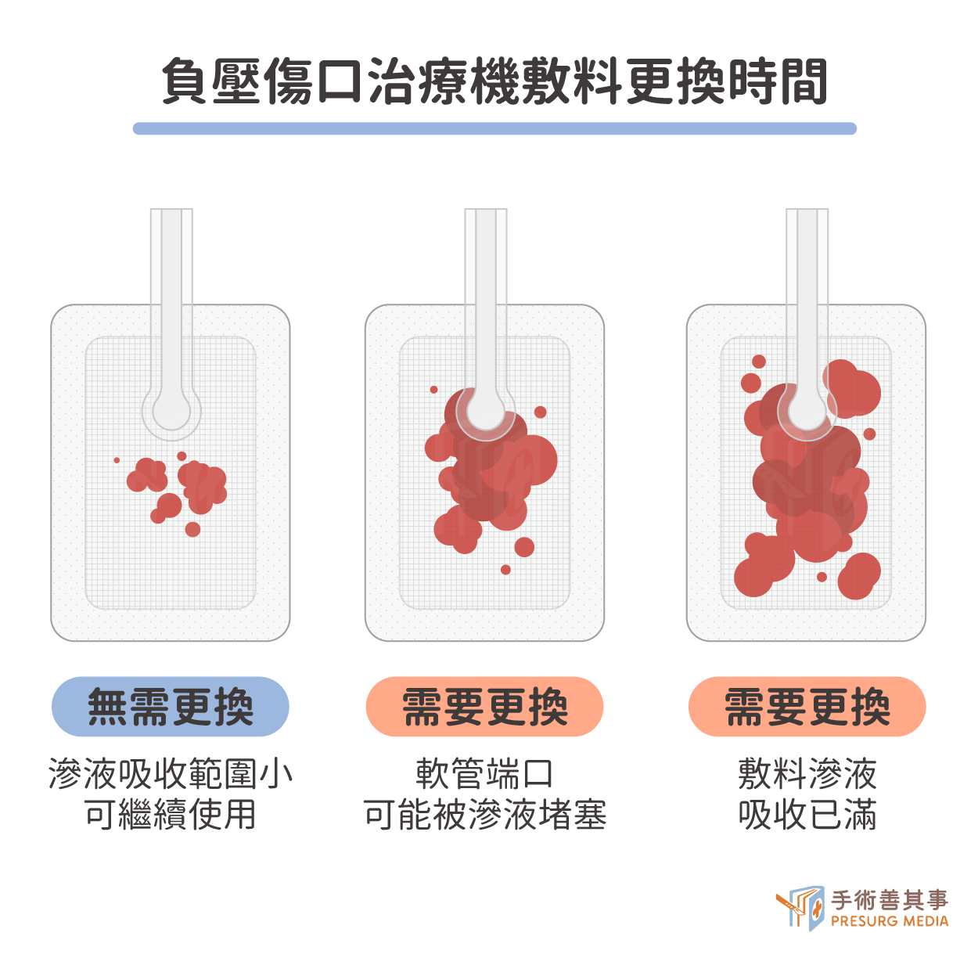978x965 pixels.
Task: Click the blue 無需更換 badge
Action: pos(171,707)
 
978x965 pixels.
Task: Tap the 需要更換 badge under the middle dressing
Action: pos(484,707)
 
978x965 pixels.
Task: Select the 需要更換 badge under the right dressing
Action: pos(807,707)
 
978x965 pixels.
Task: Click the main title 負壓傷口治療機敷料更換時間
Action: pos(494,81)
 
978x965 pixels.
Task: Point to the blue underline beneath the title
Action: pos(494,128)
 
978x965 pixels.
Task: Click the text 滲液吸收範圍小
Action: pos(171,774)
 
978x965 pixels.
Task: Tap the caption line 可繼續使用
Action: pos(171,815)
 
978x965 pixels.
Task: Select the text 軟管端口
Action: pos(484,774)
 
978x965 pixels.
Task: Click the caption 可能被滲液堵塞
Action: pos(484,815)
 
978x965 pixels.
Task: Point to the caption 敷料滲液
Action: pos(807,774)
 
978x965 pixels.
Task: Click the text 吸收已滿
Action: pos(807,815)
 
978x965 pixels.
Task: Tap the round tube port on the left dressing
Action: pos(171,412)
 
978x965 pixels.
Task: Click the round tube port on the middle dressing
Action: pos(486,412)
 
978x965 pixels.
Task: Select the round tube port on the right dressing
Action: pos(807,412)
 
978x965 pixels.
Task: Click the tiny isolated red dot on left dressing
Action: pos(117,460)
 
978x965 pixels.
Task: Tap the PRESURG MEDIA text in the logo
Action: pos(890,921)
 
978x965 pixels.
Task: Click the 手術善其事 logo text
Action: pos(890,899)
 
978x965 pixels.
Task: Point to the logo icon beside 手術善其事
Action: pos(800,909)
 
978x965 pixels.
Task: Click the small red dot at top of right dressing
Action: pos(759,362)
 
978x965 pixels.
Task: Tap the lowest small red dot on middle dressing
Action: pos(505,570)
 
